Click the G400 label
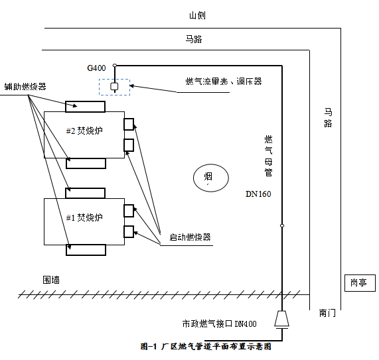pos(96,68)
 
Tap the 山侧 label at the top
pos(197,15)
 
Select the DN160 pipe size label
pos(258,194)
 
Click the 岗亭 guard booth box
pos(360,283)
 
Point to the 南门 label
pos(327,313)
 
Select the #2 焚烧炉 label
pos(84,131)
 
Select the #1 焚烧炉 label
pos(84,217)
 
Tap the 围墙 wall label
pos(51,280)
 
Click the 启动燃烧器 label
pos(190,237)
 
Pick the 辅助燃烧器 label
pos(25,86)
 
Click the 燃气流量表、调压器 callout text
pos(224,82)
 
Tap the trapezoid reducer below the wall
pos(281,318)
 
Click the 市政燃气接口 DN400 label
pos(219,324)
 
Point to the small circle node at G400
pos(115,66)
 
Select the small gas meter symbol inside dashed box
pos(114,86)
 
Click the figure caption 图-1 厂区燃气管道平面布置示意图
pos(206,347)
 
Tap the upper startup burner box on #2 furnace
pos(129,124)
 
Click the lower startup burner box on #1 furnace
pos(129,231)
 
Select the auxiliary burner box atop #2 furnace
pos(86,107)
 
